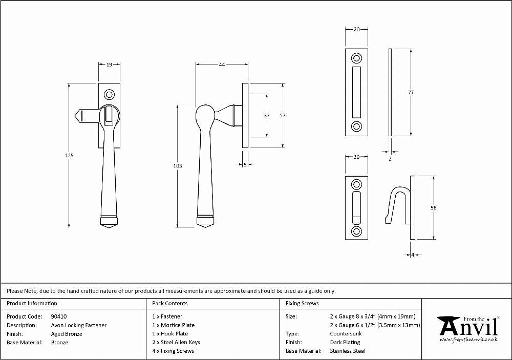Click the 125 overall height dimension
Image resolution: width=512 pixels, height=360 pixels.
tap(69, 156)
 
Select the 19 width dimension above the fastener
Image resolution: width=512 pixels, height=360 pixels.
tap(109, 65)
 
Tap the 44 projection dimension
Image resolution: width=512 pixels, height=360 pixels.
tap(222, 65)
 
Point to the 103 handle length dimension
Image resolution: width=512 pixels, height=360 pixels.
tap(178, 166)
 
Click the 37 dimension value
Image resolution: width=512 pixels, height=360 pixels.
tap(267, 115)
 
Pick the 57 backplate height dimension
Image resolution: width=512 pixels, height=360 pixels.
tap(283, 115)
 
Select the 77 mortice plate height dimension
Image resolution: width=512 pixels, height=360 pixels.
tap(411, 93)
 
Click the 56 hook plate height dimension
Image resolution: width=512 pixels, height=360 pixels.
tap(433, 208)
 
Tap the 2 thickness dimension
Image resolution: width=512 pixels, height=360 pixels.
tap(390, 159)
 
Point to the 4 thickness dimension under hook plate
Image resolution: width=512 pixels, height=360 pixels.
tap(412, 255)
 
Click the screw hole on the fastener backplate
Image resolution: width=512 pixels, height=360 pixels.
tap(109, 95)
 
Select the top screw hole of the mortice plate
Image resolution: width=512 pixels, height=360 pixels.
tap(356, 58)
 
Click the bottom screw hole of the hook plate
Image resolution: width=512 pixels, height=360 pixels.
tap(356, 231)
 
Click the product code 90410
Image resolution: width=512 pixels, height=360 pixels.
tap(59, 316)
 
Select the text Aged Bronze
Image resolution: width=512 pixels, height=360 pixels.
tap(67, 334)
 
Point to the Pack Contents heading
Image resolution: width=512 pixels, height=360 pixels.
tap(170, 303)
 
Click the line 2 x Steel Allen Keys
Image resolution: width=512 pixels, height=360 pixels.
tap(176, 343)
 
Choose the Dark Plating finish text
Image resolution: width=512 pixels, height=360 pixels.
tap(345, 343)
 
